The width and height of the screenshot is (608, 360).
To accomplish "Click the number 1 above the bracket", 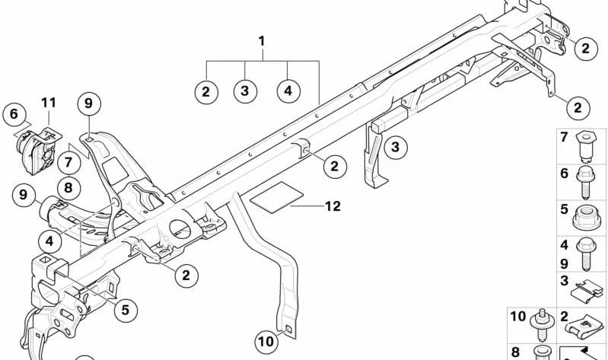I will point(262,40).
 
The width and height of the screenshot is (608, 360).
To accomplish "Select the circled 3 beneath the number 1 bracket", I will point(244,91).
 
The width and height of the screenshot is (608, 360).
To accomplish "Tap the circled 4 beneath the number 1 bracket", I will point(288,91).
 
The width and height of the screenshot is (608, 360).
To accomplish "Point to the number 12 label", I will point(332,206).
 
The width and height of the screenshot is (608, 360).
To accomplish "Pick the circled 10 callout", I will point(266,342).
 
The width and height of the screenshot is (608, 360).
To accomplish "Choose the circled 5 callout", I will point(126,310).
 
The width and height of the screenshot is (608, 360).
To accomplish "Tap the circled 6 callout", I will point(13,115).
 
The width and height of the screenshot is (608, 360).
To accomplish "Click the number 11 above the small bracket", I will point(49,102).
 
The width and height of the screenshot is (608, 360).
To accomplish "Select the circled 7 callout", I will point(68,162).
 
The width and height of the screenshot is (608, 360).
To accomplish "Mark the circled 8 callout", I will point(68,185).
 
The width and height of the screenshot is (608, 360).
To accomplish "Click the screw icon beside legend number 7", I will point(587,144).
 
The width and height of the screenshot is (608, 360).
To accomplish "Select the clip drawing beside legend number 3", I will point(587,288).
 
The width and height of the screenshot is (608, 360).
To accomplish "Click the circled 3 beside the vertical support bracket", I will point(395,147).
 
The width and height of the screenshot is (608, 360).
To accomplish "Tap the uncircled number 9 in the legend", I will point(565,263).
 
